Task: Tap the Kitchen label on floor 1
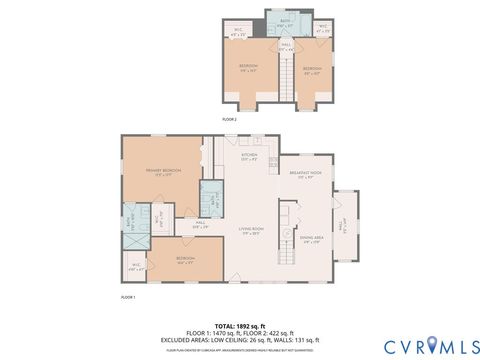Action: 249,157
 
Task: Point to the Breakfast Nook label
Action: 305,175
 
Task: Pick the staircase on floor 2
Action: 284,78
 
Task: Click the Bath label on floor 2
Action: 284,22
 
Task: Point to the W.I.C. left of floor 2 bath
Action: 240,30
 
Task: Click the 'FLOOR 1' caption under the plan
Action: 128,298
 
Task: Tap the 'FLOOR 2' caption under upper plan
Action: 228,117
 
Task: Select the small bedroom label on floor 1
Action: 185,259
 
